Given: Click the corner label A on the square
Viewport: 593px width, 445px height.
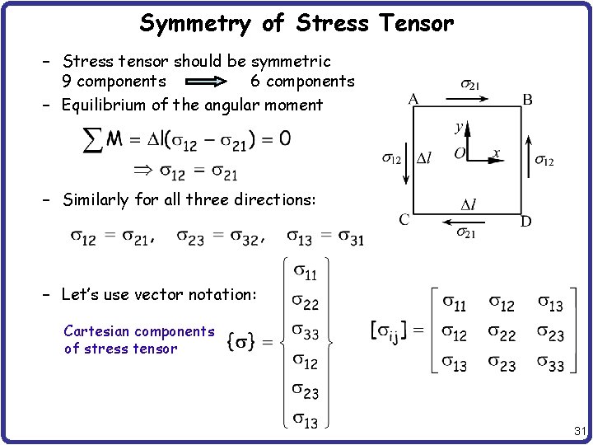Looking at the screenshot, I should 413,99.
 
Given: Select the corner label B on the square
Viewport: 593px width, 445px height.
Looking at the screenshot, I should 527,100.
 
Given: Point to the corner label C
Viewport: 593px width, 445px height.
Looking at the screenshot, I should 404,218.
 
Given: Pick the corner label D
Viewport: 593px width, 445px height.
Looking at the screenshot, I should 525,222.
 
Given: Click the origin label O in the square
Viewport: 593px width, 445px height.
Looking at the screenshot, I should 460,154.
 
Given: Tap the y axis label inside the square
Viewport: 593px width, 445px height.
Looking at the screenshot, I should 459,127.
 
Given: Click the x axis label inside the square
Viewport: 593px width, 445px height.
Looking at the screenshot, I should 496,152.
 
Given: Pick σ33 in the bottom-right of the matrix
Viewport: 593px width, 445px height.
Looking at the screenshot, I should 551,363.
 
